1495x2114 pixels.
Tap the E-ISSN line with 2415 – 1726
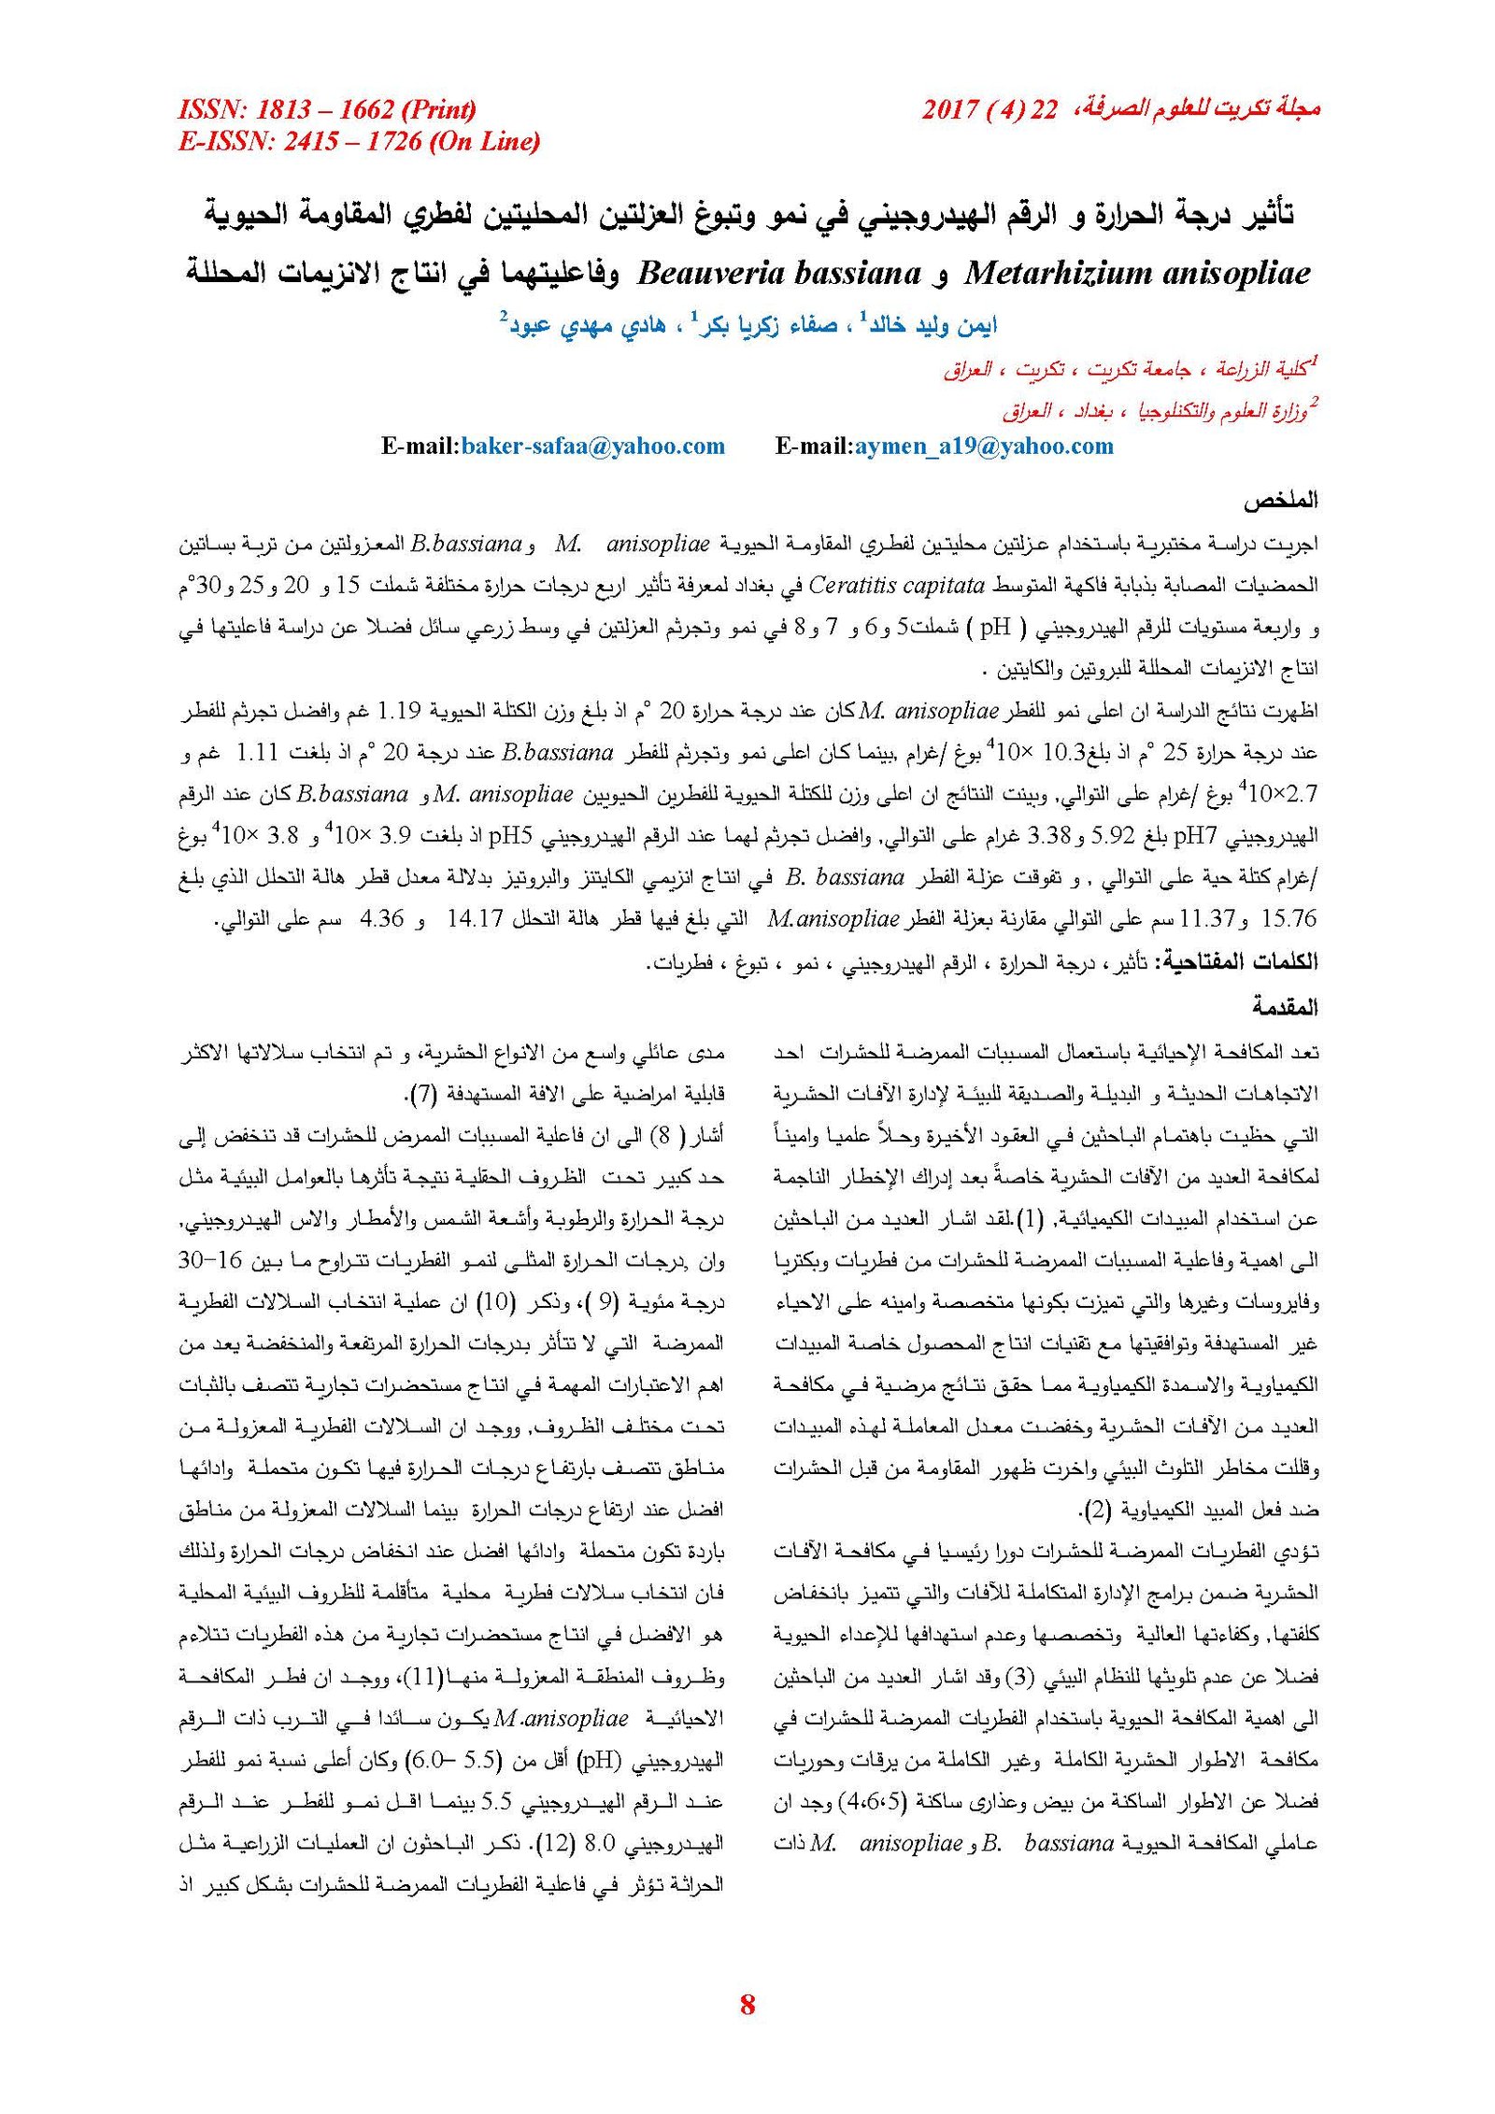[359, 142]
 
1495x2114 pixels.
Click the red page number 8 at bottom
[747, 2003]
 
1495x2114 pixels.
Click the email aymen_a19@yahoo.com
[984, 446]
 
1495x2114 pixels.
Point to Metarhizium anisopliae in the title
[1136, 273]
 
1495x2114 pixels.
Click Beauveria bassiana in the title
[779, 273]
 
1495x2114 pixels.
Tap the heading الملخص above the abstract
[1279, 501]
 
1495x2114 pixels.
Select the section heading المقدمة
[1285, 1007]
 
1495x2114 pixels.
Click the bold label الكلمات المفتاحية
[1238, 962]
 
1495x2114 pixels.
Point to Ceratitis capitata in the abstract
[896, 586]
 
